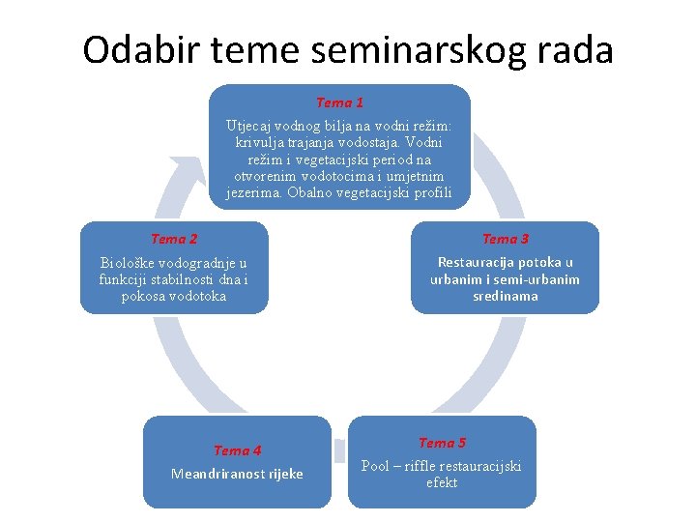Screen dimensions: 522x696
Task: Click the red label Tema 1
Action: (340, 102)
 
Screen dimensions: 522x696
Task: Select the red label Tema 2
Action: (174, 239)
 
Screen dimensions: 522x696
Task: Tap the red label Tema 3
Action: (506, 239)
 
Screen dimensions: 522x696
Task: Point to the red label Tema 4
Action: (237, 450)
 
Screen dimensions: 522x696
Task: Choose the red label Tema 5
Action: (442, 443)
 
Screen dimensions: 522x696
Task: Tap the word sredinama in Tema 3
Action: (506, 296)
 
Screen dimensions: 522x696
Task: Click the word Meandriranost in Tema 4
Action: (217, 474)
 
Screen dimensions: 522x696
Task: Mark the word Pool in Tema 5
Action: (376, 466)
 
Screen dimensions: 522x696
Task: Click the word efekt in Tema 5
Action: (442, 482)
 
